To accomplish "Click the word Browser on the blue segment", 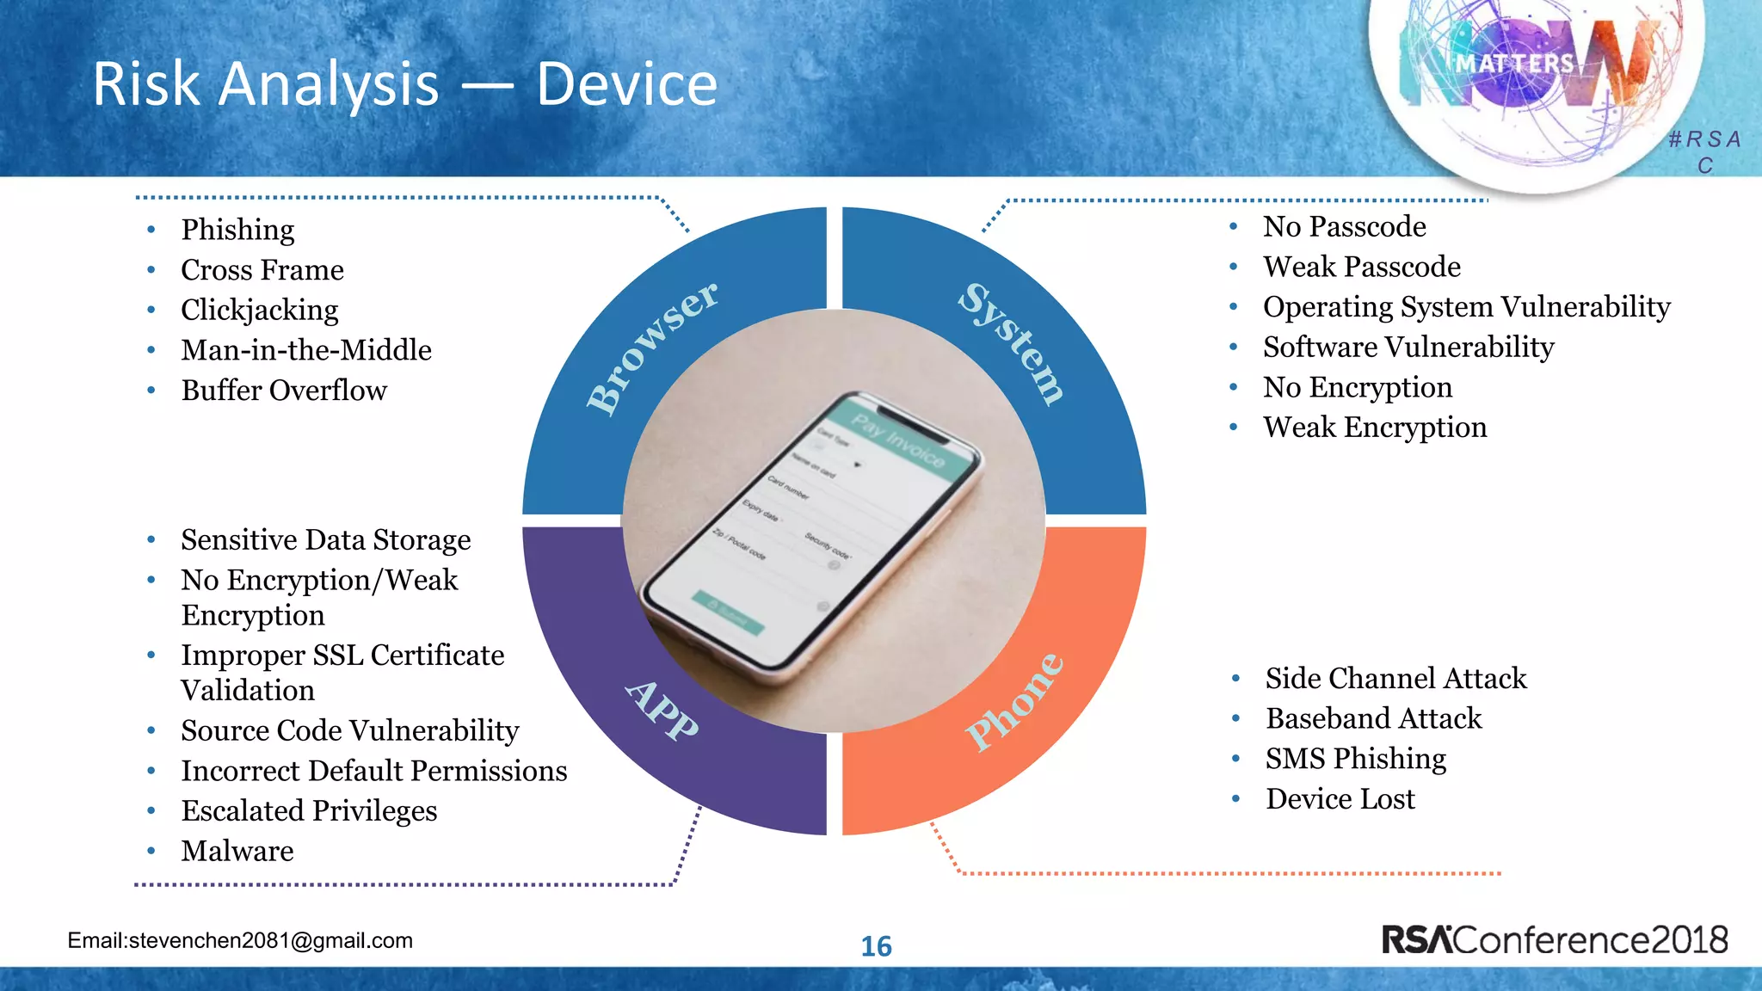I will click(652, 348).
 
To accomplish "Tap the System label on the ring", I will click(1012, 342).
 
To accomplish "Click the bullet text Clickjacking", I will click(259, 310).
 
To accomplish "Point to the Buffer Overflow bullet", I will click(284, 391).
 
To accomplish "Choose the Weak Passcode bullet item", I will click(1361, 267).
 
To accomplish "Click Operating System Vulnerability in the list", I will click(1466, 307).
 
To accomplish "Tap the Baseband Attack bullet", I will click(1373, 718).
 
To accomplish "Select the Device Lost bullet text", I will click(1340, 799).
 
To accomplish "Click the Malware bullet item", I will click(237, 851).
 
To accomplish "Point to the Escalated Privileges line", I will click(309, 811).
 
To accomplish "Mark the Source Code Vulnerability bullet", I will click(349, 731).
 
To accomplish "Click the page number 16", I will click(876, 946).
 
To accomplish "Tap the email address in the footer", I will click(240, 940).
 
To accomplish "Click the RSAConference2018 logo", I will click(1554, 939).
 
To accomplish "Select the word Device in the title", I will click(626, 84).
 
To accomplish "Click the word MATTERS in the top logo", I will click(1514, 64).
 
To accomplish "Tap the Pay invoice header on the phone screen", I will click(897, 440).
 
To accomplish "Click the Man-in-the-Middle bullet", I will click(305, 350).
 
